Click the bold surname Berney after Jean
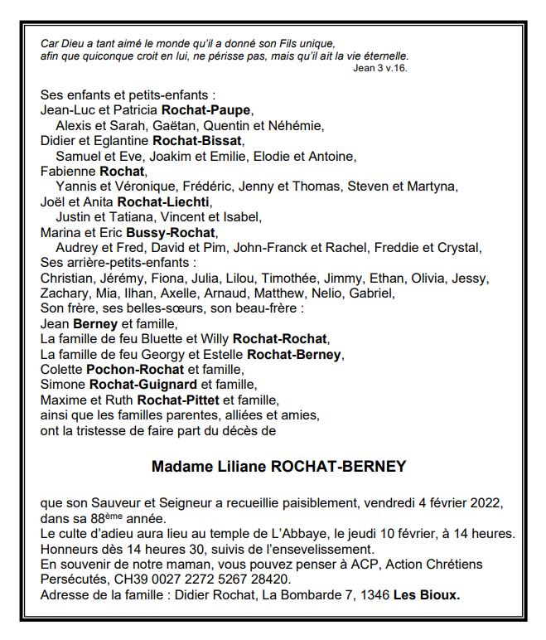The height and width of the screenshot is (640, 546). coord(95,323)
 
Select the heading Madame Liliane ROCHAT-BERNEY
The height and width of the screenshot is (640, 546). coord(279,467)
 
